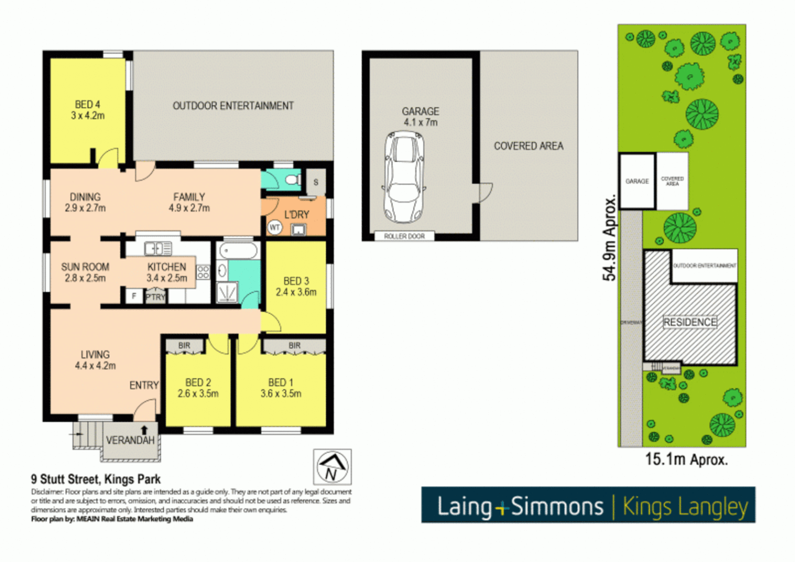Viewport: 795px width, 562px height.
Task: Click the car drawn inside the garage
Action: point(404,177)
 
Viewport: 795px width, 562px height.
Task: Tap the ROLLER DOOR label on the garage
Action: point(405,236)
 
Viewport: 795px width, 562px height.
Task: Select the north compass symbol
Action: point(332,467)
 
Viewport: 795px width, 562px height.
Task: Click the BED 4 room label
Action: point(87,110)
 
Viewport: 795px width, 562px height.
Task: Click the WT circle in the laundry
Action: point(274,227)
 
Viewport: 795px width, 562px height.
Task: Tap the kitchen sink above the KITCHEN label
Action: point(157,249)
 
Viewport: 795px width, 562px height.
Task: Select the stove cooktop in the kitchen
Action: point(203,272)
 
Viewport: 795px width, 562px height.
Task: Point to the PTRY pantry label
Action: point(155,297)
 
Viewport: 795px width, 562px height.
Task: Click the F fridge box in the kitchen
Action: point(134,296)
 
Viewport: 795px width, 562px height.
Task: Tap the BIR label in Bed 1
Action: point(294,346)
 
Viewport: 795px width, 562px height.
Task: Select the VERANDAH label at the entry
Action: point(130,440)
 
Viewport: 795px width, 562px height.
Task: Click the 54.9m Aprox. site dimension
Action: point(609,238)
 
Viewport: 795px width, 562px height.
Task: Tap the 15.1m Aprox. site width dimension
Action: point(686,459)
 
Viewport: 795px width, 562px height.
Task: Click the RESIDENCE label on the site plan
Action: point(690,322)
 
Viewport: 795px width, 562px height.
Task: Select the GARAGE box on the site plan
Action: point(637,181)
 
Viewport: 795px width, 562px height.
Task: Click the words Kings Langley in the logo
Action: point(685,506)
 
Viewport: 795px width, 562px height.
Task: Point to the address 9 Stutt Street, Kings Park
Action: point(96,479)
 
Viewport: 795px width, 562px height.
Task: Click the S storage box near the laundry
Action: point(316,182)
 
